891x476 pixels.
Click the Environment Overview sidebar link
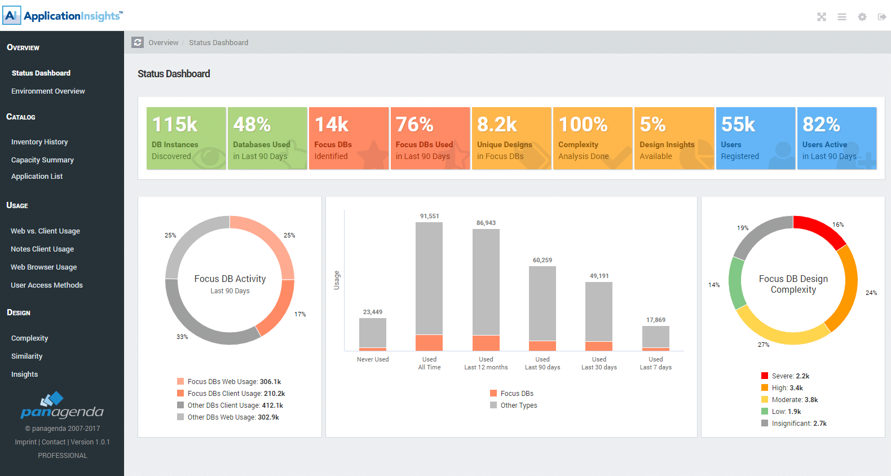48,91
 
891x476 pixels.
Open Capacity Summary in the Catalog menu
42,160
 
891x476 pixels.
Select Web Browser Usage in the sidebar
43,267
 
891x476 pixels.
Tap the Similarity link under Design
27,356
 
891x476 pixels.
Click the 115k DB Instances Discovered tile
186,138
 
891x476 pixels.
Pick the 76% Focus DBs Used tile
430,138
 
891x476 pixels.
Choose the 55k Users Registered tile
755,138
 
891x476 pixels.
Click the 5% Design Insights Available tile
674,138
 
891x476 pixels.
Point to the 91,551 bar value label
429,216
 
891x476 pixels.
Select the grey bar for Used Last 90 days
542,303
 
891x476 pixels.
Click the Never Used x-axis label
373,359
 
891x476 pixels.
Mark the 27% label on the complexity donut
764,345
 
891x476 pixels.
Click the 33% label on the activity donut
182,337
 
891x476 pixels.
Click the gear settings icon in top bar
862,17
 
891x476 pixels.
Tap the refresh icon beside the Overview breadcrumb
138,42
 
